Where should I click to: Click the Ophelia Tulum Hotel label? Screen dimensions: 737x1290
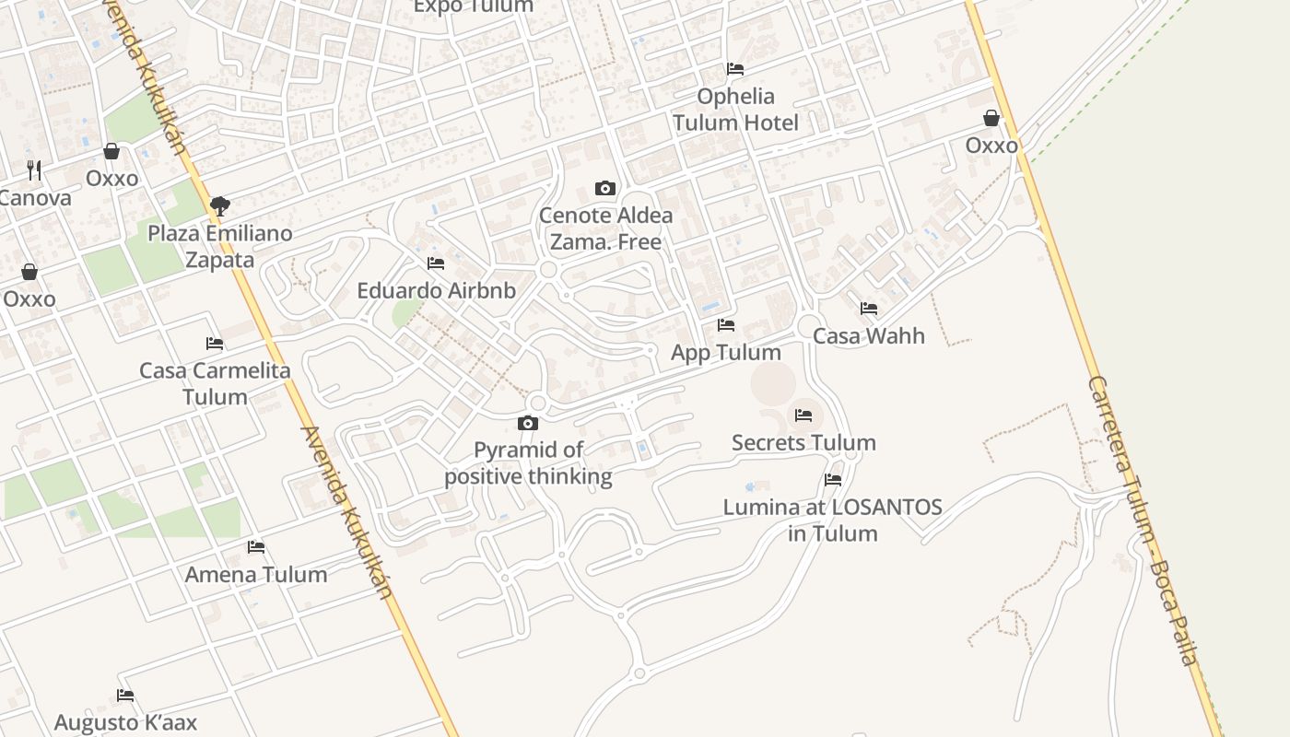pyautogui.click(x=735, y=110)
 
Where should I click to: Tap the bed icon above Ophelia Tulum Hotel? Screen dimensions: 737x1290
pyautogui.click(x=735, y=69)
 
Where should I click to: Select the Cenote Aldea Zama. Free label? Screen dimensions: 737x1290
pyautogui.click(x=605, y=228)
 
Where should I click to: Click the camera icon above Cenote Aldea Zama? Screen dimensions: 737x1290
pyautogui.click(x=604, y=189)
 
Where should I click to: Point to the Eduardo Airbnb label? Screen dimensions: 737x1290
pyautogui.click(x=436, y=291)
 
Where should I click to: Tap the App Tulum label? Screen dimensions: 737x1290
pyautogui.click(x=726, y=352)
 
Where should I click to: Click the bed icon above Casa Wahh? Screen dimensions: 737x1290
pyautogui.click(x=869, y=309)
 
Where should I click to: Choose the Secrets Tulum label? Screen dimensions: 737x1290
pyautogui.click(x=803, y=443)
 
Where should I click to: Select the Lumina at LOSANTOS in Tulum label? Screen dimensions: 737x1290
pyautogui.click(x=833, y=520)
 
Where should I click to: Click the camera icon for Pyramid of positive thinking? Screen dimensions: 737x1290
pyautogui.click(x=528, y=424)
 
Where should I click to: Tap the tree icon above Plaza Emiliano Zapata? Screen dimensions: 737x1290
pyautogui.click(x=219, y=205)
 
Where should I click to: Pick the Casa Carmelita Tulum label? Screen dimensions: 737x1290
pyautogui.click(x=215, y=383)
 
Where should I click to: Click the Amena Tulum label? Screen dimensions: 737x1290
pyautogui.click(x=256, y=575)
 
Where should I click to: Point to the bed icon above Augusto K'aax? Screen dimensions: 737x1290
pyautogui.click(x=125, y=696)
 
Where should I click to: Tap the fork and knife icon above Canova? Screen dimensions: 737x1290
pyautogui.click(x=35, y=170)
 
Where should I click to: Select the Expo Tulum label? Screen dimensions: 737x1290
pyautogui.click(x=474, y=6)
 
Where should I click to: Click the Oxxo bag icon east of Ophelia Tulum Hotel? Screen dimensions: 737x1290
pyautogui.click(x=991, y=118)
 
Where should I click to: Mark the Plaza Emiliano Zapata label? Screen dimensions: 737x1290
pyautogui.click(x=220, y=246)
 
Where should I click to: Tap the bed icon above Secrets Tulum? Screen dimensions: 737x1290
pyautogui.click(x=803, y=415)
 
